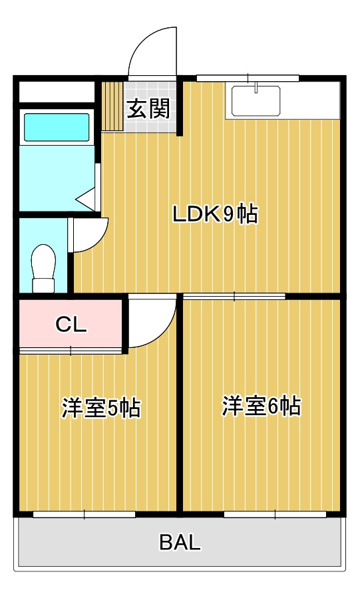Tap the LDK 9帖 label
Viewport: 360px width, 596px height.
coord(216,214)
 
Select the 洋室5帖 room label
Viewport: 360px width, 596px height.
coord(101,408)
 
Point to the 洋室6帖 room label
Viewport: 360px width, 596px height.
coord(262,406)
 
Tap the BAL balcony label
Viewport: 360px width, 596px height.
coord(180,542)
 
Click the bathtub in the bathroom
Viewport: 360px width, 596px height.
coord(57,127)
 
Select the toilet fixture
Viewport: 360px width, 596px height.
coord(43,268)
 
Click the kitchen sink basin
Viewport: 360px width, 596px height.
coord(256,100)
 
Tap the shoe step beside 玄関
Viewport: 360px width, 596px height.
coord(112,106)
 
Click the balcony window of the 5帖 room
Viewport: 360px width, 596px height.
coord(85,514)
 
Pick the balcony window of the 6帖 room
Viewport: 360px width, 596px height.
coord(275,514)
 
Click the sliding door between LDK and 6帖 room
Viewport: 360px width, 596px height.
coord(234,296)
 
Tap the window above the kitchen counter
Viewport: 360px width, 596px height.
coord(248,78)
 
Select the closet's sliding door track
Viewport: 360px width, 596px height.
coord(71,350)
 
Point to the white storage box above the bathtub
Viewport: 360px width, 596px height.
coord(57,91)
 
